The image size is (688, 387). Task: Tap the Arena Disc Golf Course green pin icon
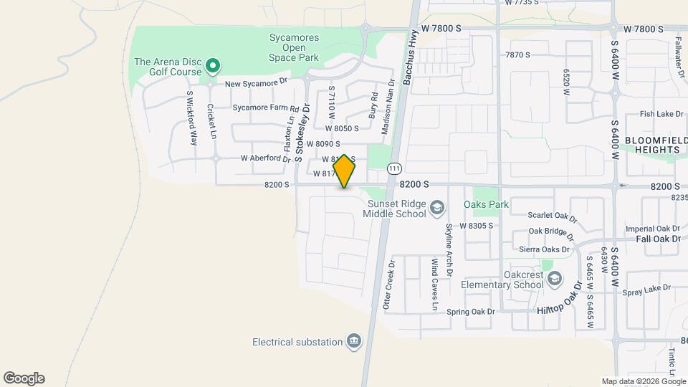pos(212,67)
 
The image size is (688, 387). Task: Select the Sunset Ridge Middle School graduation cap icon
pos(436,209)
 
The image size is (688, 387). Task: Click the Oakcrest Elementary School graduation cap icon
pos(553,279)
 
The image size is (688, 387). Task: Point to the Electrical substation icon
pos(353,341)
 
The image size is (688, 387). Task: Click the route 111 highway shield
pos(393,168)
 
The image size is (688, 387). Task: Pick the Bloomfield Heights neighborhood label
pos(651,144)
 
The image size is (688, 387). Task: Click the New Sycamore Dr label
pos(256,84)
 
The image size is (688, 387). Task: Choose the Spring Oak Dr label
pos(471,312)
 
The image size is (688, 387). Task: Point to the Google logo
pos(24,378)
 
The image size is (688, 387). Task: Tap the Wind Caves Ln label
pos(434,285)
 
